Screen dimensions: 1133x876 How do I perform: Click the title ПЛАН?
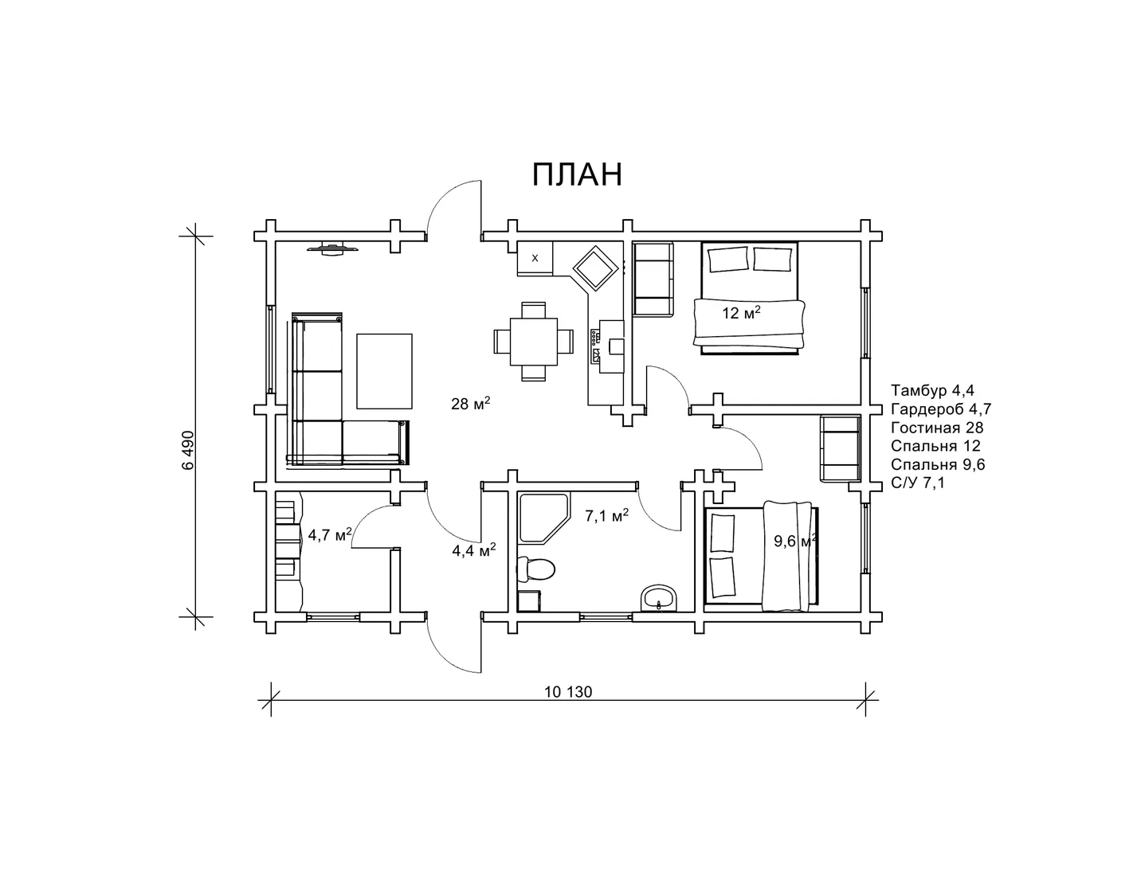(577, 174)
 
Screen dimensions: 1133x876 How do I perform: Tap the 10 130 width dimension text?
(568, 691)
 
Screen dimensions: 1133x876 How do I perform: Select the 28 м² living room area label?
(471, 403)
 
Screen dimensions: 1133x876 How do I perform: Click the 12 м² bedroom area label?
(742, 313)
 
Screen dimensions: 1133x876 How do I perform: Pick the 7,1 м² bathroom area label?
(606, 515)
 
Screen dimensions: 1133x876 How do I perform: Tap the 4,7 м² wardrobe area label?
(330, 534)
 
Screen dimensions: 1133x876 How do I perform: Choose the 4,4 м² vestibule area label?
(473, 550)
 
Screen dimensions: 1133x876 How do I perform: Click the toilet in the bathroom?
(535, 569)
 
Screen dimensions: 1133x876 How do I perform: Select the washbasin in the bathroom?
(659, 597)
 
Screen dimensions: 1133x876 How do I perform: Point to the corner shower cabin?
(543, 519)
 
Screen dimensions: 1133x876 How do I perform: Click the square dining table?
(533, 342)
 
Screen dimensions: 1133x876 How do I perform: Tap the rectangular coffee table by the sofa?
(384, 371)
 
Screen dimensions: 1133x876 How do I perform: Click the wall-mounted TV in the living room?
(333, 248)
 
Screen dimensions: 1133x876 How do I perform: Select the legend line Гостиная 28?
(937, 428)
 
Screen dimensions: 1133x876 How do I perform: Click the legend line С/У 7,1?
(918, 483)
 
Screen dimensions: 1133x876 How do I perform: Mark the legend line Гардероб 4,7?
(941, 409)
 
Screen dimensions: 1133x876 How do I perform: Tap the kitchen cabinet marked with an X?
(535, 258)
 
